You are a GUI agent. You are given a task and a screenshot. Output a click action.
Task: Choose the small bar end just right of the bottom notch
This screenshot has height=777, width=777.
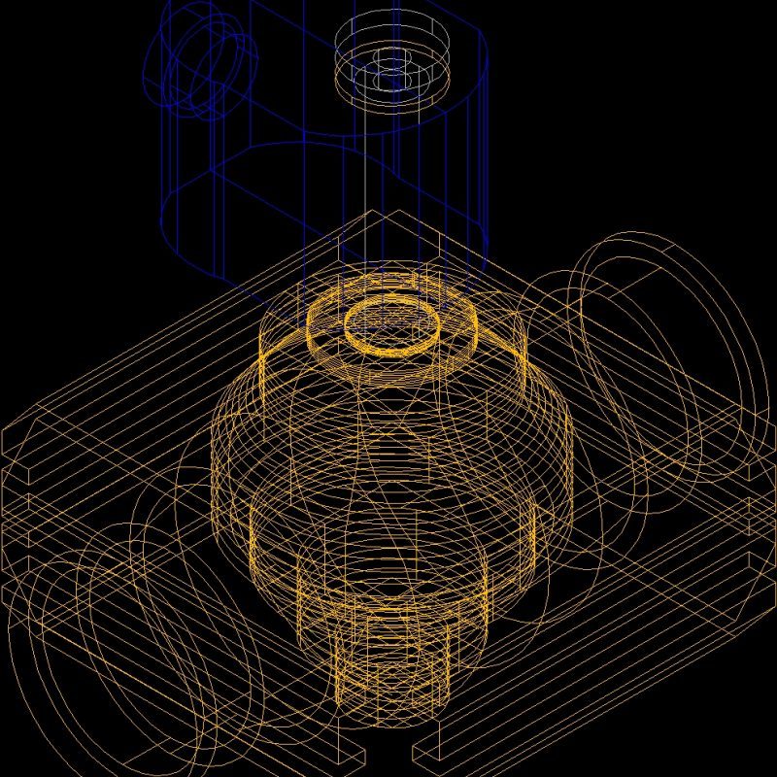(427, 754)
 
